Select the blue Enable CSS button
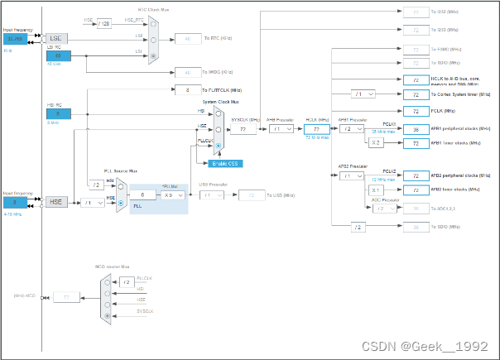pyautogui.click(x=225, y=163)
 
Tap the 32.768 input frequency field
pyautogui.click(x=16, y=38)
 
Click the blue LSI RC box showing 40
pyautogui.click(x=58, y=56)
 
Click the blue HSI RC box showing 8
pyautogui.click(x=58, y=113)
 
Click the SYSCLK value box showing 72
pyautogui.click(x=243, y=129)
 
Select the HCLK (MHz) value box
pyautogui.click(x=316, y=129)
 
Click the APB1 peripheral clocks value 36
pyautogui.click(x=415, y=129)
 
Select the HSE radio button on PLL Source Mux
pyautogui.click(x=123, y=202)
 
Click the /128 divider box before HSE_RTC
pyautogui.click(x=103, y=23)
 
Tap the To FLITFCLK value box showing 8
pyautogui.click(x=189, y=90)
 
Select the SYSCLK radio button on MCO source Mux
pyautogui.click(x=107, y=315)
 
